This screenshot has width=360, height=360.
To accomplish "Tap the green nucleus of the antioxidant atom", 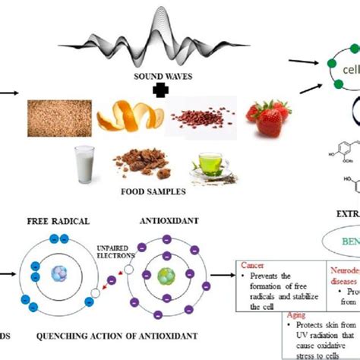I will point(165,275).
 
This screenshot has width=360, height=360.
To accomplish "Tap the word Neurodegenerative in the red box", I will point(345,270).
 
